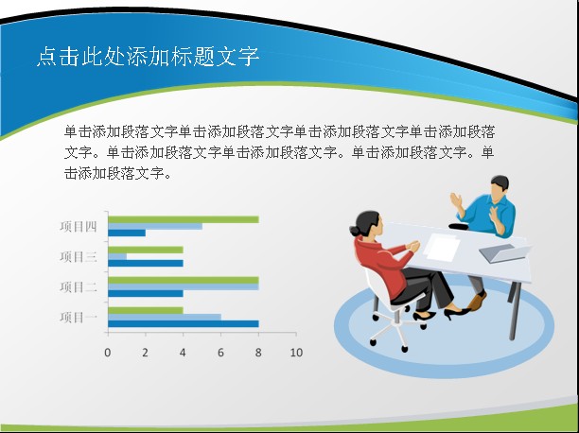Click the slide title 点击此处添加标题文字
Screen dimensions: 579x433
(148, 56)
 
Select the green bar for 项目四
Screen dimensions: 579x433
(184, 219)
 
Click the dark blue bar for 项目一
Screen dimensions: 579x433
(184, 323)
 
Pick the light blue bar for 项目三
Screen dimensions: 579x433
(117, 256)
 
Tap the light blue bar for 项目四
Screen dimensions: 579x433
(155, 226)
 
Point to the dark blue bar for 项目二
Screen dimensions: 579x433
(146, 293)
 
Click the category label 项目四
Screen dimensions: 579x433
(79, 226)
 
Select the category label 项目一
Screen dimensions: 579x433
(79, 317)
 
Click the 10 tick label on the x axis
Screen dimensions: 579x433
(296, 353)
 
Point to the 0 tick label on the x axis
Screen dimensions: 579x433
(108, 353)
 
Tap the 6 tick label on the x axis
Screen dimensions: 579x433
(220, 353)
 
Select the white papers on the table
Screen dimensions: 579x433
(442, 247)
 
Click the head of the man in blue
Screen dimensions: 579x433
(500, 187)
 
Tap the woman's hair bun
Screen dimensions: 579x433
(355, 231)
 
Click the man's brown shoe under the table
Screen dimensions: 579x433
(476, 302)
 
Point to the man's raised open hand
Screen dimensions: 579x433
(457, 200)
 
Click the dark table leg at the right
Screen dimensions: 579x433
(514, 311)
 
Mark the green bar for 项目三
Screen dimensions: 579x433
(146, 250)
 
